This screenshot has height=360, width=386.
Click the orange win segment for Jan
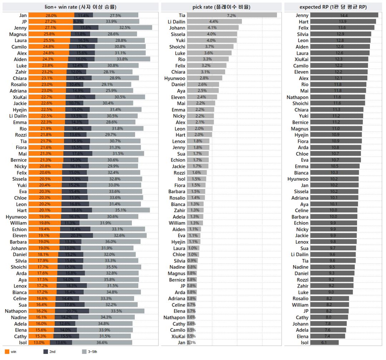tap(51, 15)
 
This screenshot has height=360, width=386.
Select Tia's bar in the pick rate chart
tap(232, 15)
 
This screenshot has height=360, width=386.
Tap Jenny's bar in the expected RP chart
tap(344, 15)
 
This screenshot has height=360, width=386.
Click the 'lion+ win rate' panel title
tap(80, 7)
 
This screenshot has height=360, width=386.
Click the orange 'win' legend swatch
tap(6, 352)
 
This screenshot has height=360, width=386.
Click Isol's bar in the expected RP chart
tap(324, 342)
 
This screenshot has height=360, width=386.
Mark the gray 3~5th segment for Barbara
tap(111, 242)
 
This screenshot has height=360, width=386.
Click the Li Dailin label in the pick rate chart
tap(177, 22)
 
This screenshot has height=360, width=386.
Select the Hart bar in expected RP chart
tap(343, 22)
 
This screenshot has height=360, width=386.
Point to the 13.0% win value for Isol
tap(39, 342)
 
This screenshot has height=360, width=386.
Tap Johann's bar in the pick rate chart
tap(213, 28)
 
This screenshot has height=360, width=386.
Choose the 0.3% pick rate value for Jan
tap(192, 342)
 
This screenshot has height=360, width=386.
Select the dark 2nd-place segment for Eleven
tap(76, 236)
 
